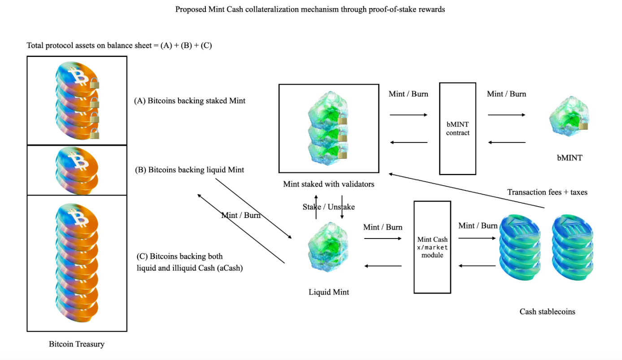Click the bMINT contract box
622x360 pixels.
(457, 128)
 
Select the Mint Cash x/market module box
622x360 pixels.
(432, 247)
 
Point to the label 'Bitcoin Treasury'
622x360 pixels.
(77, 344)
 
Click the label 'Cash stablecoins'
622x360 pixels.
(547, 312)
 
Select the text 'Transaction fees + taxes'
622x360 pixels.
(547, 192)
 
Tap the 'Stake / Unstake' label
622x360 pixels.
(329, 207)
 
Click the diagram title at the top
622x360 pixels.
(310, 9)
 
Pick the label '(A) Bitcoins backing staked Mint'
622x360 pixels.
(190, 101)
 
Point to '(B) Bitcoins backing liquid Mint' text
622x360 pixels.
(190, 170)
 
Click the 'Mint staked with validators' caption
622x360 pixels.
(329, 184)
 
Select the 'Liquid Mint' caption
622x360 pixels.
(329, 292)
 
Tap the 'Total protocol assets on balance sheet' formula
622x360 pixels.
(119, 45)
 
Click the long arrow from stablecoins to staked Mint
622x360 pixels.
(466, 191)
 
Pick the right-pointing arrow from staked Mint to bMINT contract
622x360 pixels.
(409, 115)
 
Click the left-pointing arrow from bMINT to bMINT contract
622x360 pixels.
(507, 143)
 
